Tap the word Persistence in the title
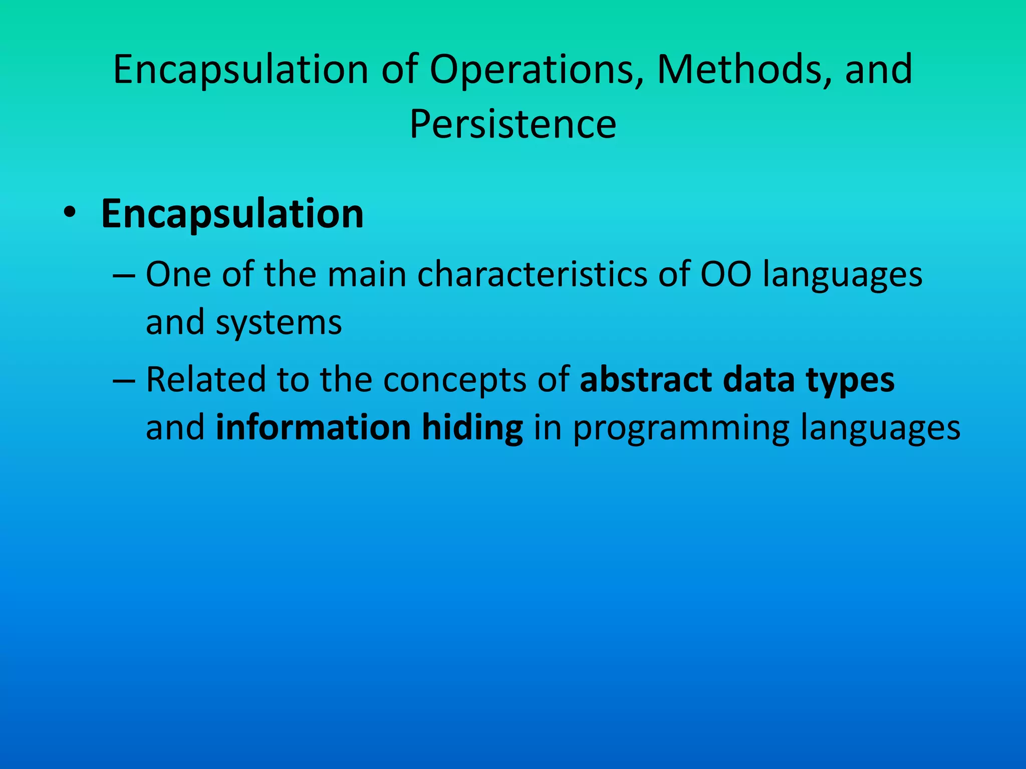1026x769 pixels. point(512,124)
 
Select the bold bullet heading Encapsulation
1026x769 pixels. point(232,214)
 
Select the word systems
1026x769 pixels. point(279,323)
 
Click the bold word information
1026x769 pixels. point(313,428)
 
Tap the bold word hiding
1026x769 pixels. point(472,429)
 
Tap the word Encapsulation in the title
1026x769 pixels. point(241,70)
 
